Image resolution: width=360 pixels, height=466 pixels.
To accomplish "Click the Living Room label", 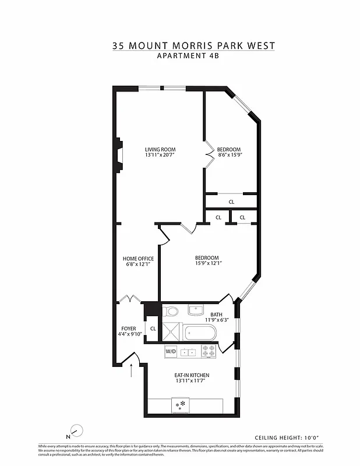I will [x=160, y=150].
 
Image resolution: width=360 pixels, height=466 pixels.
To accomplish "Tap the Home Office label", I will [x=138, y=259].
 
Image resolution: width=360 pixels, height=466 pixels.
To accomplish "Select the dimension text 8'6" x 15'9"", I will [x=228, y=156].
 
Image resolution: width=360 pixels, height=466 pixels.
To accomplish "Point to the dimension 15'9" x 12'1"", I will [x=207, y=263].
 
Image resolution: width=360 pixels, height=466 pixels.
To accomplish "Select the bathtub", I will [x=200, y=334].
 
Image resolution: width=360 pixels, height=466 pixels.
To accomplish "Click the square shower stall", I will [x=172, y=333].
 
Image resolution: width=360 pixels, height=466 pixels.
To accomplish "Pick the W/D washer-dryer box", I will [x=171, y=352].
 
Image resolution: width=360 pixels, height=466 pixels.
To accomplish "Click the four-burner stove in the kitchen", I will [x=208, y=351].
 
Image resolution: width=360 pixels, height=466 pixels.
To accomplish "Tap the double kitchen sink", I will [x=188, y=352].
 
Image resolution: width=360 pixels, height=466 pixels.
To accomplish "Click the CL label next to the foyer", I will [x=153, y=329].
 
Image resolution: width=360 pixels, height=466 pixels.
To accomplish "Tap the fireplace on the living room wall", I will [x=118, y=155].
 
